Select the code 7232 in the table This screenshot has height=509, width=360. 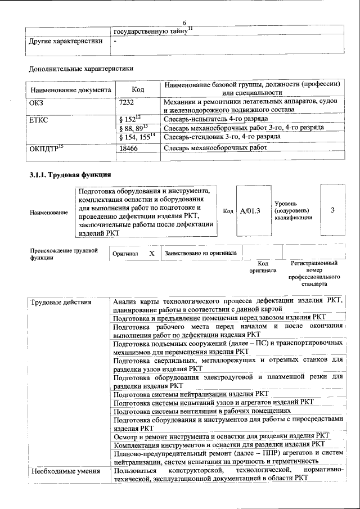(x=129, y=102)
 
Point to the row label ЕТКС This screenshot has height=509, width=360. (x=39, y=119)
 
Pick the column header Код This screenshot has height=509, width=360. (x=138, y=89)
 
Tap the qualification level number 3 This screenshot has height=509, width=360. (x=332, y=210)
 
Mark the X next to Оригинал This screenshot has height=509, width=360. (x=151, y=253)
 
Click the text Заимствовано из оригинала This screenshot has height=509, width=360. (x=200, y=253)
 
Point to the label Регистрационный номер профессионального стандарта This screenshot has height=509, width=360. (x=314, y=273)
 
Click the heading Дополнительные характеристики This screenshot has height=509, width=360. (x=81, y=69)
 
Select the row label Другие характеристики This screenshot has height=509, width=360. (x=66, y=41)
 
